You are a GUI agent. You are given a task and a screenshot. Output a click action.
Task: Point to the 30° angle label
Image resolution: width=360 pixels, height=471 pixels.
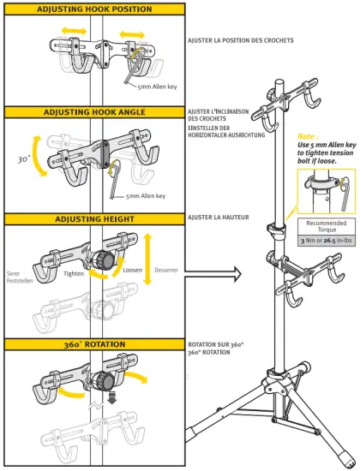pos(24,159)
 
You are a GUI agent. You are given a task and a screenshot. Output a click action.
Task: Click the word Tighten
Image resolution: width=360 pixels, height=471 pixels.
pos(75,273)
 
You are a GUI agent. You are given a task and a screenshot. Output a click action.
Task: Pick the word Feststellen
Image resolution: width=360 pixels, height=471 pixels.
pos(19,280)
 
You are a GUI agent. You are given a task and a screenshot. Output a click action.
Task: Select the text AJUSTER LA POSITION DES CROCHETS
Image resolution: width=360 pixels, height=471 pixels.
pos(241,39)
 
